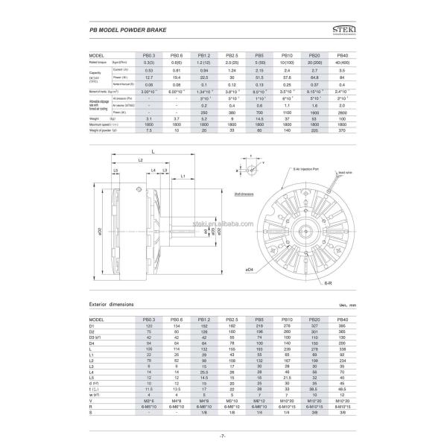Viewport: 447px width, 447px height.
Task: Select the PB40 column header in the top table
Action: pyautogui.click(x=342, y=56)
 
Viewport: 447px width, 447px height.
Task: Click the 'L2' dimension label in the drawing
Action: pyautogui.click(x=139, y=161)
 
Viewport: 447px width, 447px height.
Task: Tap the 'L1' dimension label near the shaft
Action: pyautogui.click(x=183, y=177)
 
